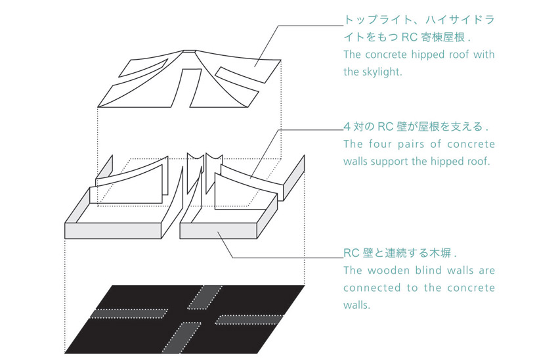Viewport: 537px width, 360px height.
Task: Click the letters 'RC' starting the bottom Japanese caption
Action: [x=351, y=253]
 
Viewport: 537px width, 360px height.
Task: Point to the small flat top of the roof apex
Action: [x=189, y=51]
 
